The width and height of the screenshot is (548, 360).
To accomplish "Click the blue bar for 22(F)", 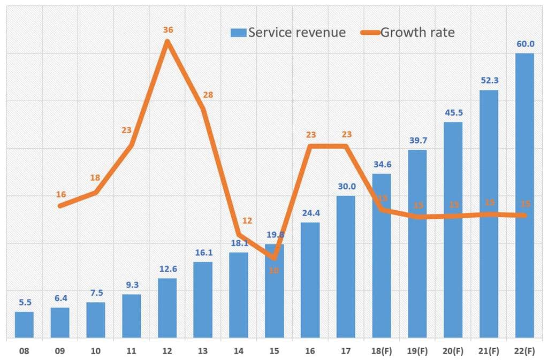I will tap(524, 196).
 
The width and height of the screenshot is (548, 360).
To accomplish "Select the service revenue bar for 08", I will tap(24, 325).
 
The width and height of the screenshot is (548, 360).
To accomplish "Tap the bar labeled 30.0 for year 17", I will tap(346, 267).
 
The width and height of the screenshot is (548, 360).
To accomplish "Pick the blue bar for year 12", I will tap(167, 308).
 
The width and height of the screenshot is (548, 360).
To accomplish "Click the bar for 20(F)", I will tap(453, 230).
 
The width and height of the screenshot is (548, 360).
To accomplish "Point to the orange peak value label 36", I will tap(168, 30).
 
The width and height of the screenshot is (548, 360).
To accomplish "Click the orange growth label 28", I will tap(208, 95).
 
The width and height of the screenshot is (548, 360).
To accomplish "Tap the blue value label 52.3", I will tap(488, 81).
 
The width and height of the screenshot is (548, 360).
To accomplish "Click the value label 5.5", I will tap(24, 302).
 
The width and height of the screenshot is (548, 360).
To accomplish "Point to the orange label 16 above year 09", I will tap(60, 194).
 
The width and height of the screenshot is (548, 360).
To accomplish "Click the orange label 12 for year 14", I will tap(247, 220).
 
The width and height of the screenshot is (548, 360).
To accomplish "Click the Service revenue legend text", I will tap(296, 33).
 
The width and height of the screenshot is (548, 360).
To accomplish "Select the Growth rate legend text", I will tap(417, 33).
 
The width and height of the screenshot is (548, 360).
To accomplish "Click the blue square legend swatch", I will tap(238, 33).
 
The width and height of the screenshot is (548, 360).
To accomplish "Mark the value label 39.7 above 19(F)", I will tap(417, 141).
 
